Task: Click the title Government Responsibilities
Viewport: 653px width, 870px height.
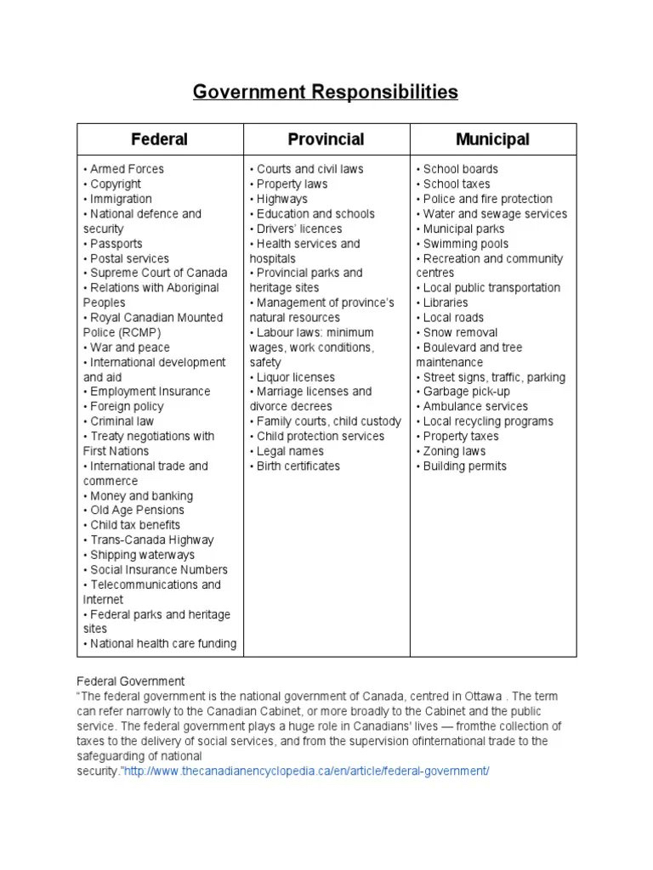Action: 326,92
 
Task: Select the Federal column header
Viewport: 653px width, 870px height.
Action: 159,139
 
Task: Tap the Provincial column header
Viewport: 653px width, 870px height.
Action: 326,139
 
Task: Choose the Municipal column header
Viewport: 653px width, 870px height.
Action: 492,139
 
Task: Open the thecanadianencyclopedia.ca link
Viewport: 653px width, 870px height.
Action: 307,771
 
